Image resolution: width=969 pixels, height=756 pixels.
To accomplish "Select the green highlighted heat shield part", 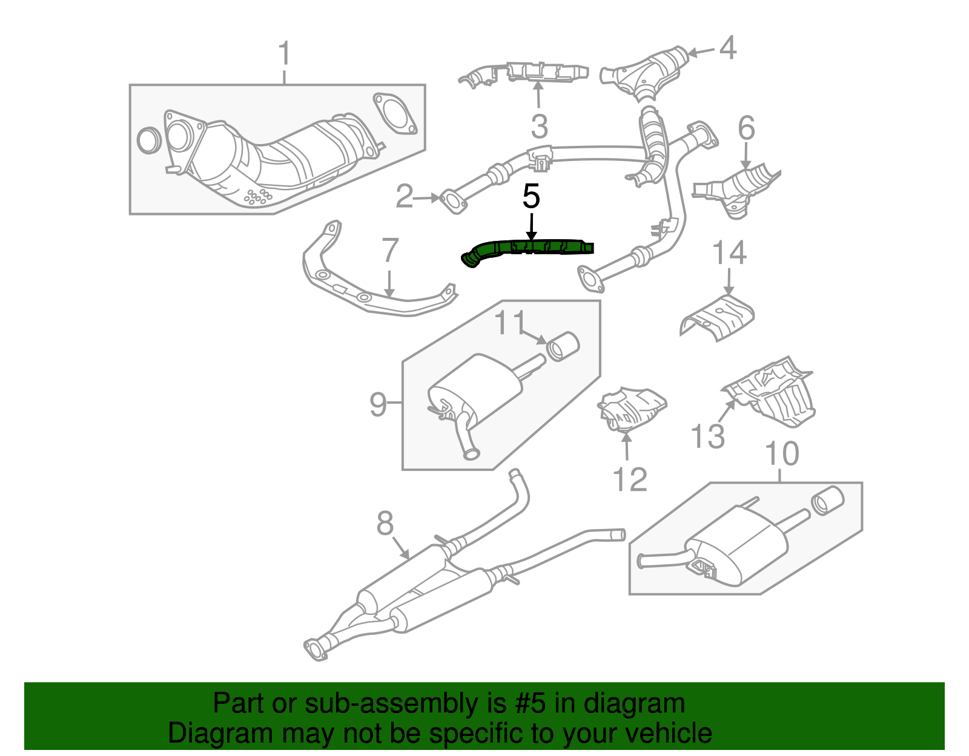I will (x=527, y=251).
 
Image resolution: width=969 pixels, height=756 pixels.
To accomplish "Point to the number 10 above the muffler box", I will (x=782, y=453).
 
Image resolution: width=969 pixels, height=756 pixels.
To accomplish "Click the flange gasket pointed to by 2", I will (x=453, y=202).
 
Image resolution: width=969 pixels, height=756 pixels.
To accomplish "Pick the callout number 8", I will (x=385, y=524).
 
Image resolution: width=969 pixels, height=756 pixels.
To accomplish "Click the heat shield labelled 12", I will (x=632, y=409).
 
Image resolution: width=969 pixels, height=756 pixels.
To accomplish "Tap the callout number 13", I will (x=707, y=436).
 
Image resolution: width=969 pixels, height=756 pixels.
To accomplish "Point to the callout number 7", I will (x=390, y=251).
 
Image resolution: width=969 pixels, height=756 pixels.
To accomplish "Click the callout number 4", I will (x=727, y=48).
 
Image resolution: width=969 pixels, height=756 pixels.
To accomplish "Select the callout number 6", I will (x=746, y=128).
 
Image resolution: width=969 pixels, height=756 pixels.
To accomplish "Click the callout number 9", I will (x=378, y=404).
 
